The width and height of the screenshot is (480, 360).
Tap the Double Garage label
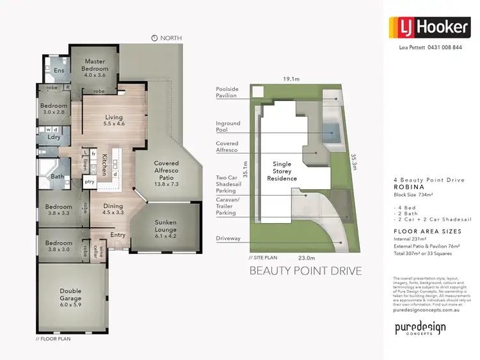[70, 295]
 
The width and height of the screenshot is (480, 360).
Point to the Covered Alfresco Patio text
[166, 173]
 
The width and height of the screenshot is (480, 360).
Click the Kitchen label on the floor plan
[104, 163]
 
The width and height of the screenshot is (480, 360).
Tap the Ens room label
[58, 70]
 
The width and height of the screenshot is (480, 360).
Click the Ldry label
[54, 137]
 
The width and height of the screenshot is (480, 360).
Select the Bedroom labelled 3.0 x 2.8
[54, 109]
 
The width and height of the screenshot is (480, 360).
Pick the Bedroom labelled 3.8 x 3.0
[58, 246]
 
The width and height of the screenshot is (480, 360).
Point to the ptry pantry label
[90, 182]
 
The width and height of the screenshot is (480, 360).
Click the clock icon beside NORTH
[154, 38]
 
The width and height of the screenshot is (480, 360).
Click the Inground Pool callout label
[228, 127]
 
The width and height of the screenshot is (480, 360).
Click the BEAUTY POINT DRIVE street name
[305, 270]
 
